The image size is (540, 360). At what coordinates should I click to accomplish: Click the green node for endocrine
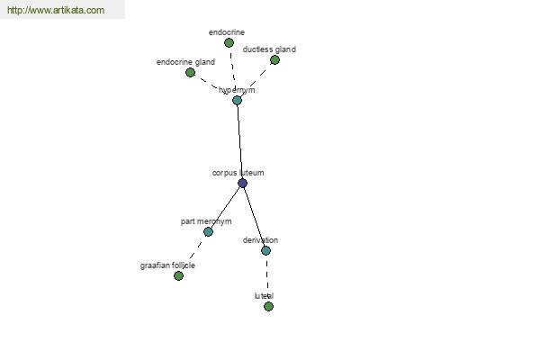coord(229,42)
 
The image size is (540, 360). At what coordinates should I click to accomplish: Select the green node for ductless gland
coord(274,60)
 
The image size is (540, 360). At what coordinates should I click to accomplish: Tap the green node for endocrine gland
coord(191,72)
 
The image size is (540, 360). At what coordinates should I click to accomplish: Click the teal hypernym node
coord(237,100)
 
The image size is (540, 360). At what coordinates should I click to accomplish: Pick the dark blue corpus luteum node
coord(242,183)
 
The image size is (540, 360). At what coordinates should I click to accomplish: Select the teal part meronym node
coord(208,231)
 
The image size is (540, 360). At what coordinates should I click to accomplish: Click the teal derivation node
coord(265,250)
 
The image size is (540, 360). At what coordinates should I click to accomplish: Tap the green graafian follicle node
coord(178,275)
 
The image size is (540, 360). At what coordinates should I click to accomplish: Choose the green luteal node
coord(268,306)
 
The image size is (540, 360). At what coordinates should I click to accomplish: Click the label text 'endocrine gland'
coord(185,62)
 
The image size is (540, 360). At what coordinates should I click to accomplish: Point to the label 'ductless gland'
coord(269,49)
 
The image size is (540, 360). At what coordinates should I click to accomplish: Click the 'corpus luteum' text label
coord(238,173)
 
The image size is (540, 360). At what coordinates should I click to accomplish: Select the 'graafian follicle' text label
coord(167,265)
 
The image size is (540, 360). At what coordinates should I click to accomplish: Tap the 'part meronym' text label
coord(206,221)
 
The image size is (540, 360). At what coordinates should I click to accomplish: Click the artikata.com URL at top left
coord(56,10)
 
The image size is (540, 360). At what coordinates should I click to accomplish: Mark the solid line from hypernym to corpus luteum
coord(239,141)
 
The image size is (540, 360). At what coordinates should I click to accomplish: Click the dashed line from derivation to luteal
coord(267,278)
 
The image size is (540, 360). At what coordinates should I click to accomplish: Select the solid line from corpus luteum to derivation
coord(254,217)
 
